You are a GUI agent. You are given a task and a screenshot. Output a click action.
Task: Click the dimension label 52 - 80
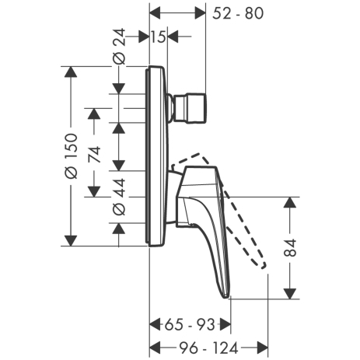[x=238, y=13]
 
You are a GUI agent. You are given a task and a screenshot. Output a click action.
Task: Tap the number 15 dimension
[x=158, y=37]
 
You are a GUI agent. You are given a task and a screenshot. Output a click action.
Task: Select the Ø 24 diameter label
[x=119, y=46]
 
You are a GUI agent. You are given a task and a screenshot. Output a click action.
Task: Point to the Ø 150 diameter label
[x=71, y=156]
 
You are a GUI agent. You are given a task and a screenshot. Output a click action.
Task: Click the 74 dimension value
[x=94, y=155]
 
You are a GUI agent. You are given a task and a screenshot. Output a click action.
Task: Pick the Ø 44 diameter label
[x=119, y=197]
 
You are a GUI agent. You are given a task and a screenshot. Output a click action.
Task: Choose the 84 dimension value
[x=290, y=248]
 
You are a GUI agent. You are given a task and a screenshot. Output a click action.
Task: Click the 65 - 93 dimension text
[x=190, y=324]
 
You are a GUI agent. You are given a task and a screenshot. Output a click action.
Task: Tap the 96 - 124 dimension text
[x=209, y=348]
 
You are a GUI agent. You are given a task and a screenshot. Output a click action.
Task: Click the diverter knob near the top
[x=190, y=107]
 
